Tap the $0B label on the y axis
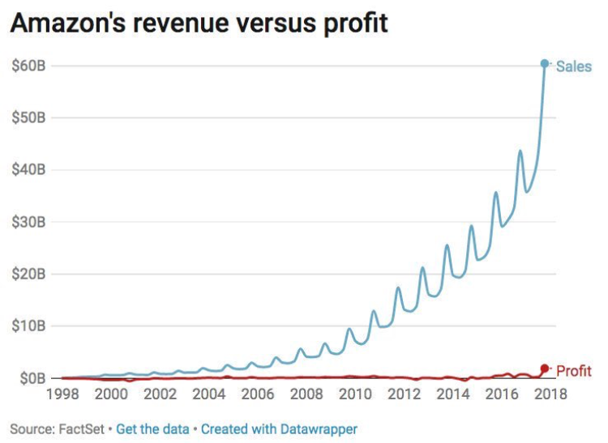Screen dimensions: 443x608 (x=31, y=378)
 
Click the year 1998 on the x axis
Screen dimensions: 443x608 (x=62, y=395)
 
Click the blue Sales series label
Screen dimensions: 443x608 (x=574, y=66)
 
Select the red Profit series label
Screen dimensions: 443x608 (x=574, y=371)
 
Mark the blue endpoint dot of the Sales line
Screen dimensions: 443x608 (x=545, y=63)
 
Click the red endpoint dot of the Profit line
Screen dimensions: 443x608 (x=545, y=368)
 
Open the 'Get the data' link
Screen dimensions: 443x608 (x=152, y=428)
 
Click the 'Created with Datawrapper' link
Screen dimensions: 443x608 (x=279, y=428)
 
